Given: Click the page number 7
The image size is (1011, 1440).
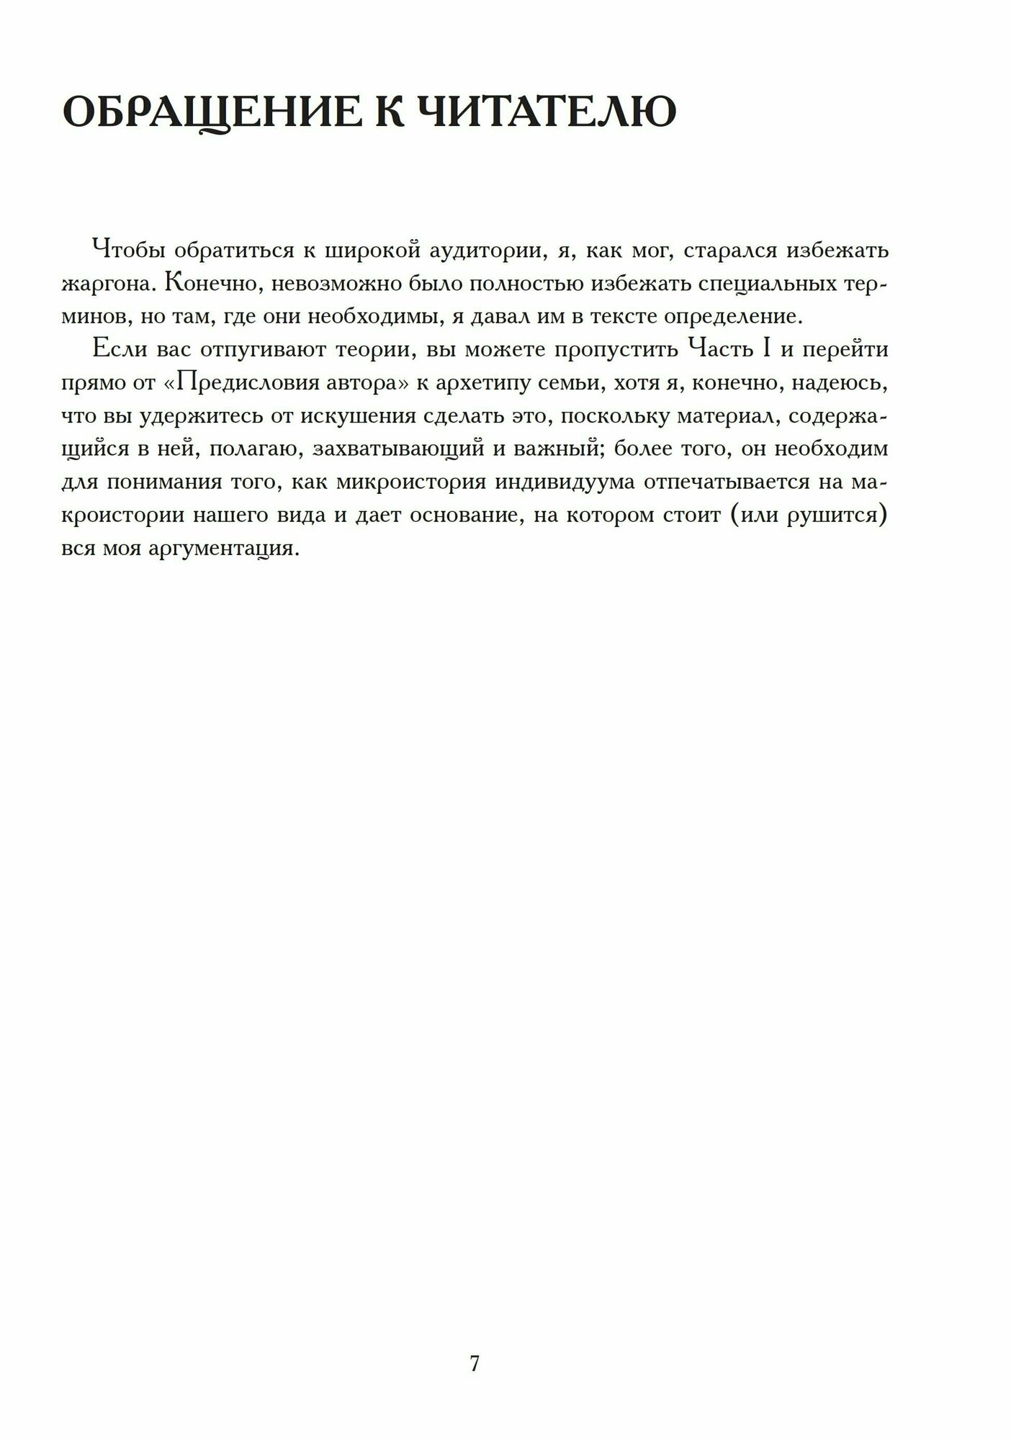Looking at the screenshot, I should click(475, 1343).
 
